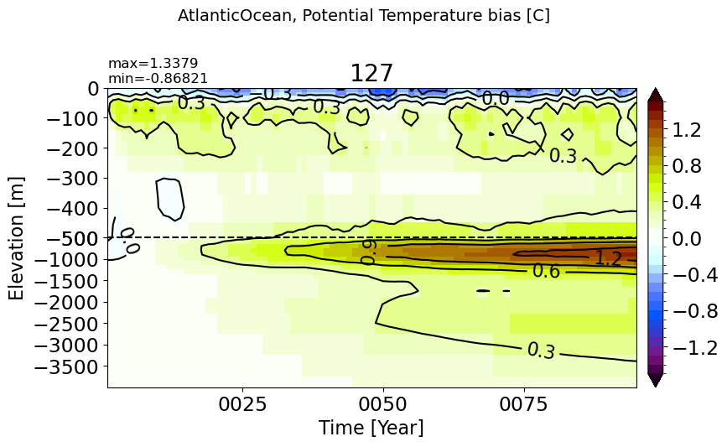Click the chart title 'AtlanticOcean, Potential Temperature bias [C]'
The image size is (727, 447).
(x=364, y=16)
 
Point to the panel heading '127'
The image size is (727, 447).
(x=371, y=73)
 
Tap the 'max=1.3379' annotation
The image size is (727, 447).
(x=153, y=63)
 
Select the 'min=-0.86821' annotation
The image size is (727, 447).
(x=158, y=78)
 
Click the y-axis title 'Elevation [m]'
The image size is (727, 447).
(x=16, y=238)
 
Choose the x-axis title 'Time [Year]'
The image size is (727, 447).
(x=371, y=427)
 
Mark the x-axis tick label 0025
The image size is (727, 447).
(x=242, y=404)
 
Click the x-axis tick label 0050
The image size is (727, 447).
(x=383, y=404)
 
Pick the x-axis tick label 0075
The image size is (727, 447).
(x=524, y=404)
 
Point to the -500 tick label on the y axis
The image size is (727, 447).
(x=73, y=238)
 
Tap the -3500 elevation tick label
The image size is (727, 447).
(x=67, y=367)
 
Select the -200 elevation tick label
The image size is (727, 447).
(x=73, y=148)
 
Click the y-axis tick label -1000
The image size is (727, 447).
(x=67, y=260)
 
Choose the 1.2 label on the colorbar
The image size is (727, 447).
(x=687, y=130)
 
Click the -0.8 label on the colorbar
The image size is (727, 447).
(x=694, y=311)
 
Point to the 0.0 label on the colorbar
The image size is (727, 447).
(x=687, y=239)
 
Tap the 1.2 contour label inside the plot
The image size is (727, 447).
(x=608, y=257)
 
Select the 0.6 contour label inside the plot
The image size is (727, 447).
(x=546, y=271)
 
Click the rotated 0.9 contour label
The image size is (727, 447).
(x=368, y=252)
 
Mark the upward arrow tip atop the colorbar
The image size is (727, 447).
(x=655, y=87)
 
